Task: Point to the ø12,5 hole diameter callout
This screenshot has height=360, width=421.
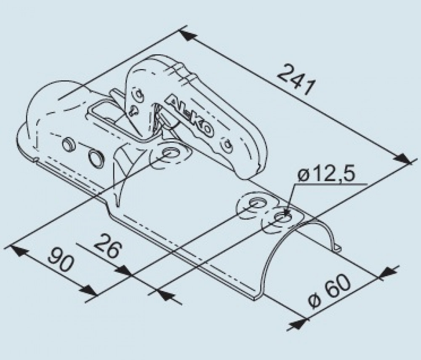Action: click(x=327, y=175)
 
